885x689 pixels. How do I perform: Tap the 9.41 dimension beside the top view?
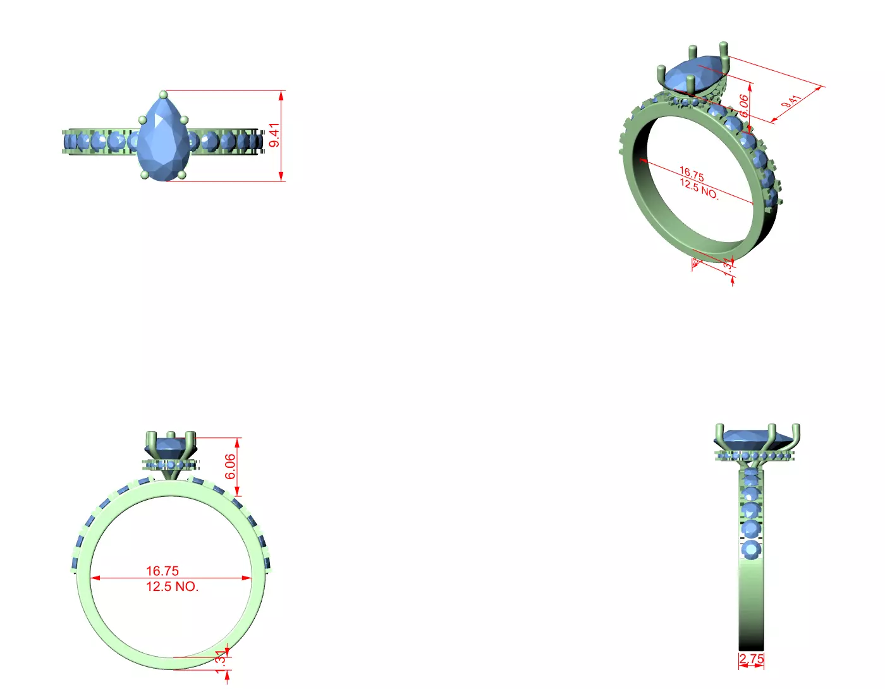click(274, 135)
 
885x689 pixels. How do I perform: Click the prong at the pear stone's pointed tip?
click(164, 95)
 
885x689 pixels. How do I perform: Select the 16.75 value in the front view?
click(162, 571)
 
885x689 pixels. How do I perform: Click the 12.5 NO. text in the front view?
click(172, 587)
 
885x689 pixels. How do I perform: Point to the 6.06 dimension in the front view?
click(231, 466)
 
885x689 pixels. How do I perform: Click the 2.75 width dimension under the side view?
click(751, 658)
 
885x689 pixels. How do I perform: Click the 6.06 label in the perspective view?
click(745, 105)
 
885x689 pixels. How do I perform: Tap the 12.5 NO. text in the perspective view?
click(699, 188)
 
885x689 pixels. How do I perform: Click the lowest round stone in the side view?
click(751, 550)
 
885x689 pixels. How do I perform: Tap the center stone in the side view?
click(752, 436)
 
